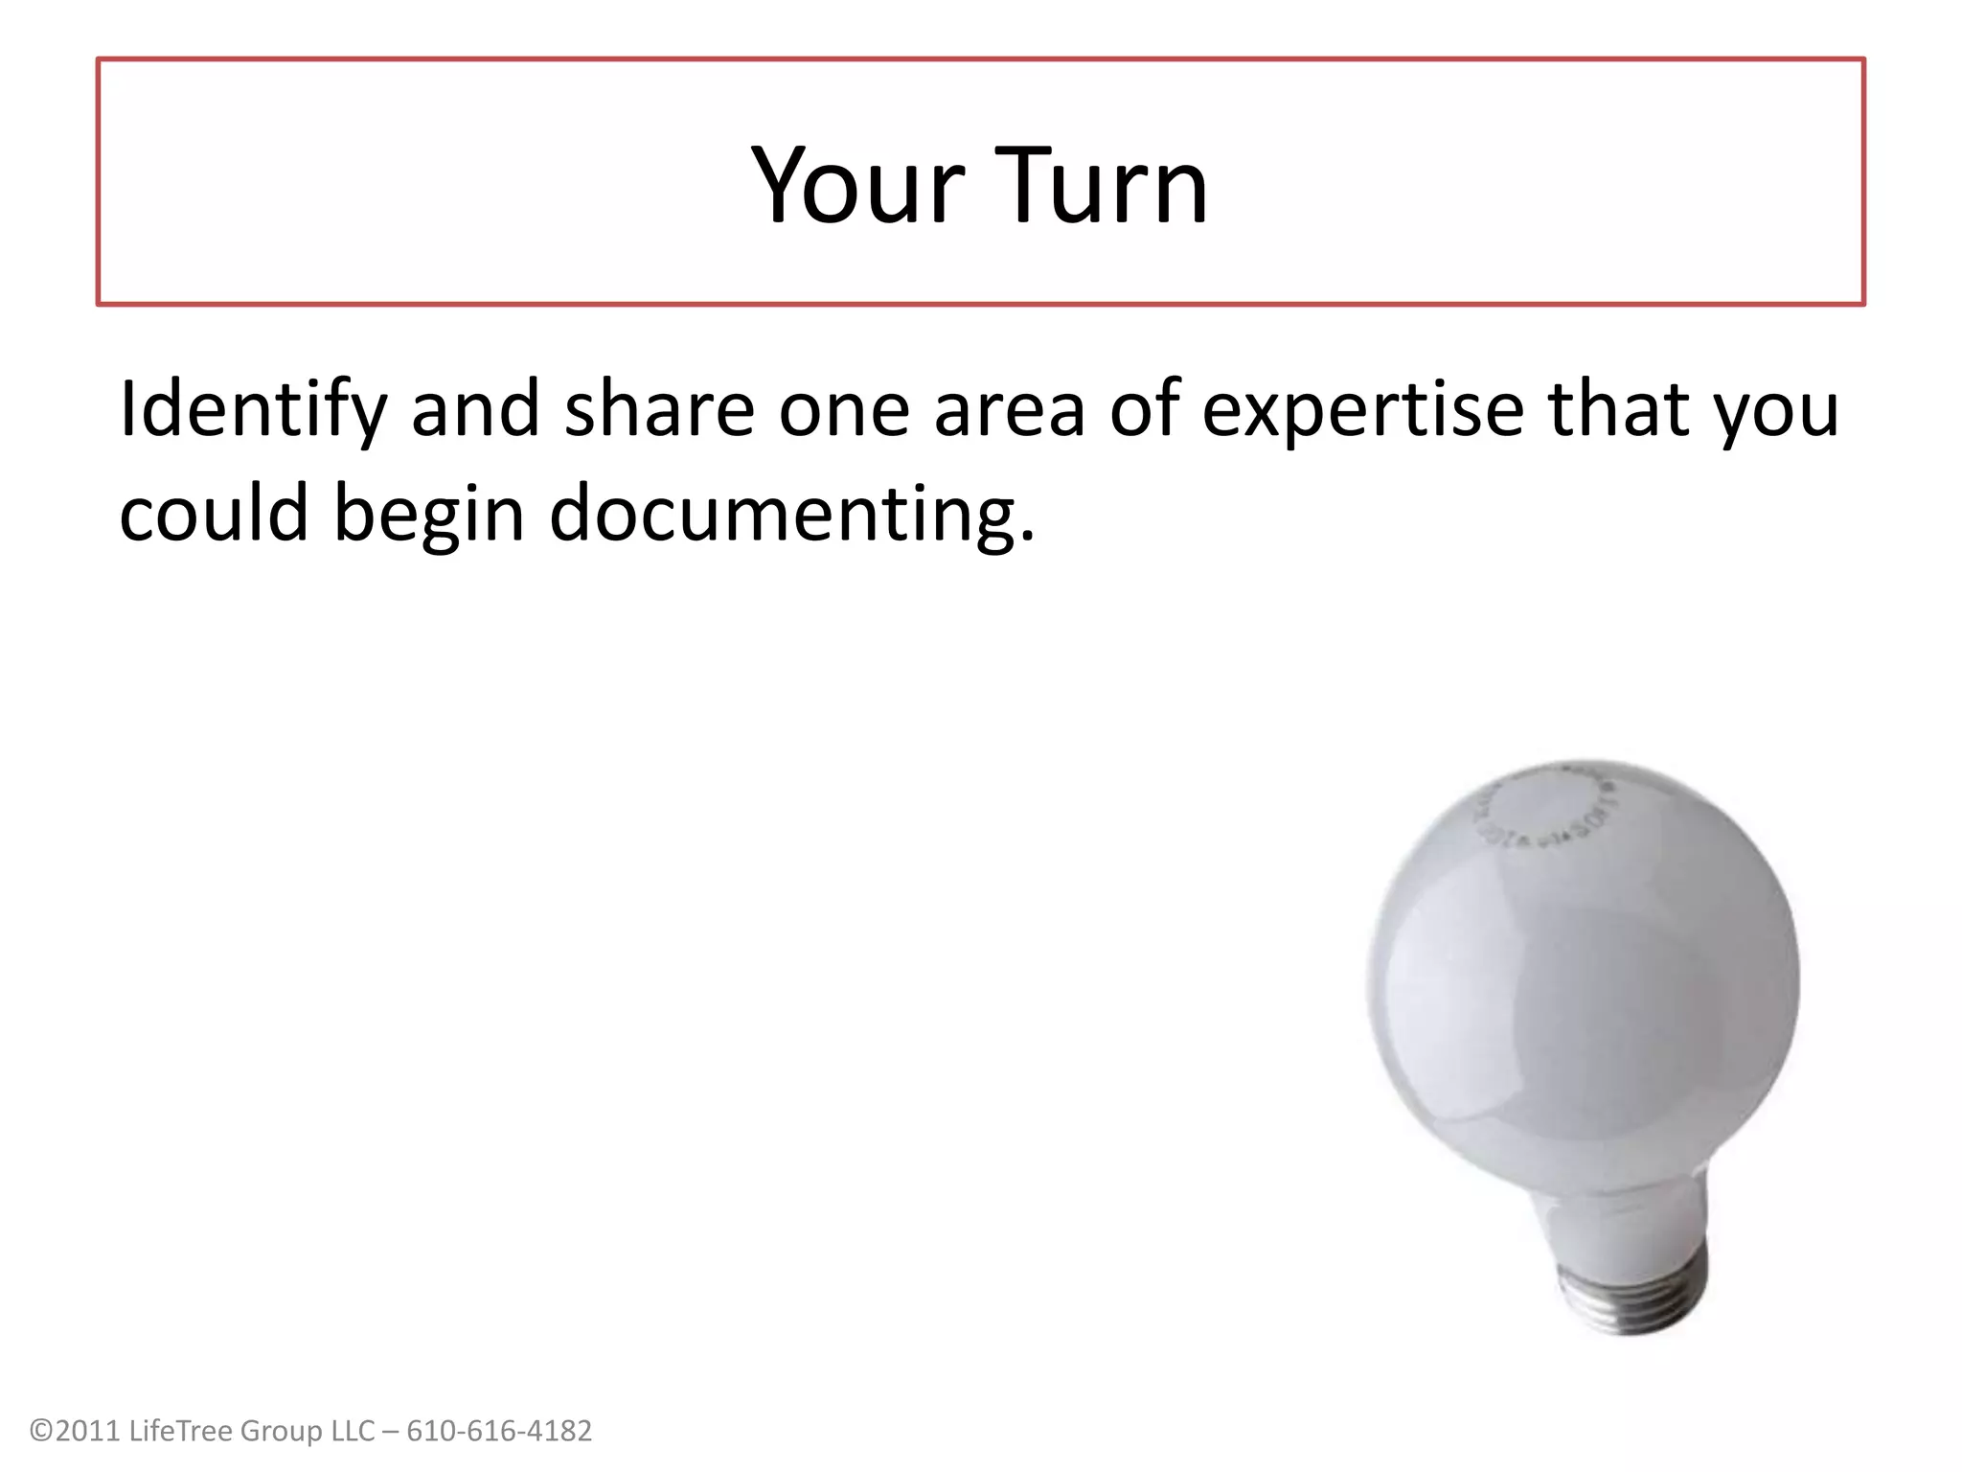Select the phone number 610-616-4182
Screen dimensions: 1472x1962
click(499, 1431)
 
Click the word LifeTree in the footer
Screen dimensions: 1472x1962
click(179, 1431)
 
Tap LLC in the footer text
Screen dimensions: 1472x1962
click(353, 1431)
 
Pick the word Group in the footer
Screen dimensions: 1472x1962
click(281, 1431)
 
